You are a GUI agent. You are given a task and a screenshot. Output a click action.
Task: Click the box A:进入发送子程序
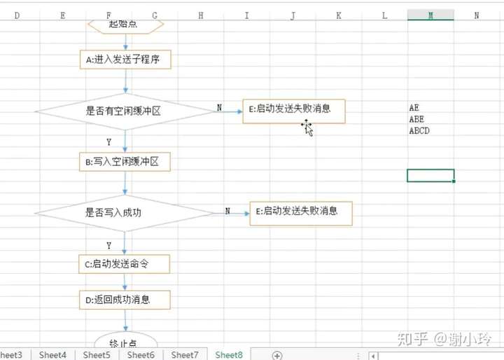tap(125, 60)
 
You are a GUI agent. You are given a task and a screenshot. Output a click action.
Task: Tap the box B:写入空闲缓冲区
tap(125, 162)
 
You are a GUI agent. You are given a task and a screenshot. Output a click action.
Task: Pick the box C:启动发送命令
tap(124, 264)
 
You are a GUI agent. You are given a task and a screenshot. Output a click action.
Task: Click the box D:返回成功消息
tap(125, 300)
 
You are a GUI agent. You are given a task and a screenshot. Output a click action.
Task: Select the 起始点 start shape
tap(125, 25)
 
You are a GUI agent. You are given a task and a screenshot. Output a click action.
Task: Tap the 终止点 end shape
tap(125, 342)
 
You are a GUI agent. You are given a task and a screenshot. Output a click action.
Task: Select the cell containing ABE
tap(417, 119)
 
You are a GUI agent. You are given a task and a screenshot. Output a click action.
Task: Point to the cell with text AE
tap(415, 108)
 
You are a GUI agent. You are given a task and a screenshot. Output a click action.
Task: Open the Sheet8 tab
tap(229, 355)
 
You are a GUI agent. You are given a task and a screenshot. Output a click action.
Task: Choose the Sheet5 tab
tap(97, 355)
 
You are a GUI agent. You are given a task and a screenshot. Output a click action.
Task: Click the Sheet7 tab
tap(185, 355)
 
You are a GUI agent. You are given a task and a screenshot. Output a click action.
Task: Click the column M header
tap(430, 15)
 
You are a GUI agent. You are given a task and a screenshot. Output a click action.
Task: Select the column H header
tap(201, 15)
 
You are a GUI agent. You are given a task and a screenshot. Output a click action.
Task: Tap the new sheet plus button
tap(277, 355)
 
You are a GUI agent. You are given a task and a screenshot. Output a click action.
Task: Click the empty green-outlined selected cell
tap(430, 175)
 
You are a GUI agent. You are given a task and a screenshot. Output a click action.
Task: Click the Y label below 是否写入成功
tap(109, 246)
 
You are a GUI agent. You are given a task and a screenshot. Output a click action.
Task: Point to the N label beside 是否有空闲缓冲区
tap(219, 108)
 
